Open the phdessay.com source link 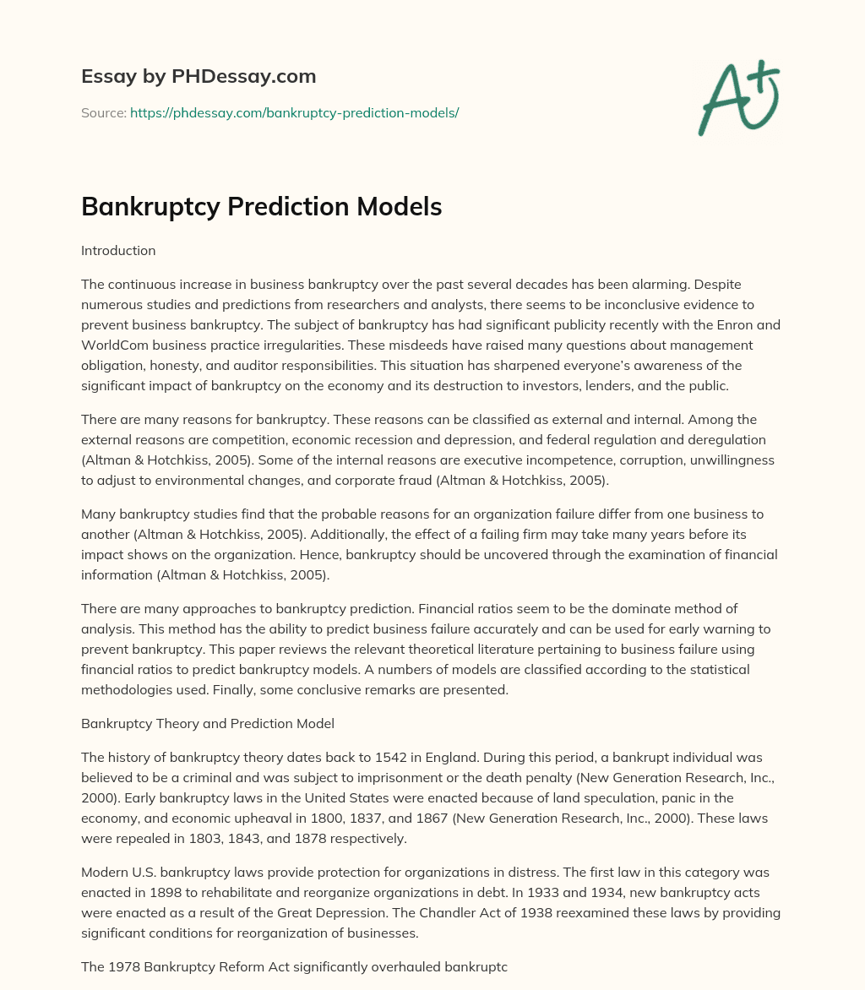(294, 112)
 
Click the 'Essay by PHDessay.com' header (199, 77)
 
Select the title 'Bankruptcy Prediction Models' (261, 207)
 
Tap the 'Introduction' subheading (118, 250)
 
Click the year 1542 (423, 757)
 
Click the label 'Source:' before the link (104, 112)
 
